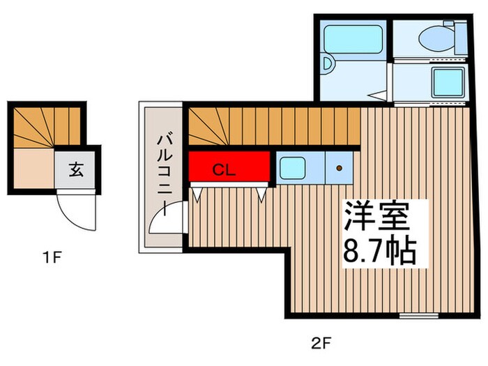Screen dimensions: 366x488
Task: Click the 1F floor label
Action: pyautogui.click(x=52, y=257)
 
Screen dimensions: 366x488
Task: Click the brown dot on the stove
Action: pyautogui.click(x=340, y=168)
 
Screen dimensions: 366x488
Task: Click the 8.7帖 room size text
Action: pyautogui.click(x=380, y=251)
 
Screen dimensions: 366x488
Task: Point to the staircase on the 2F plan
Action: pyautogui.click(x=275, y=125)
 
